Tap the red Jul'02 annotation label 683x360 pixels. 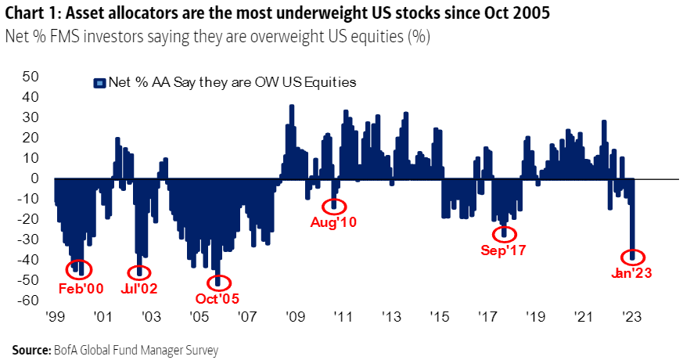140,288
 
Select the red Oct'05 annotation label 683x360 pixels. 217,298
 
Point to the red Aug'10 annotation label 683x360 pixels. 335,223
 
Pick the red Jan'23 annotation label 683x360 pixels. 631,273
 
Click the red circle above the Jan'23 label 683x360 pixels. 632,256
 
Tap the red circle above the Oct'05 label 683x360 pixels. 218,282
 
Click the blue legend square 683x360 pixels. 99,82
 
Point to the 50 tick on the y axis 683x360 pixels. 31,77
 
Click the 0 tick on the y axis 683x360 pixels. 34,178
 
